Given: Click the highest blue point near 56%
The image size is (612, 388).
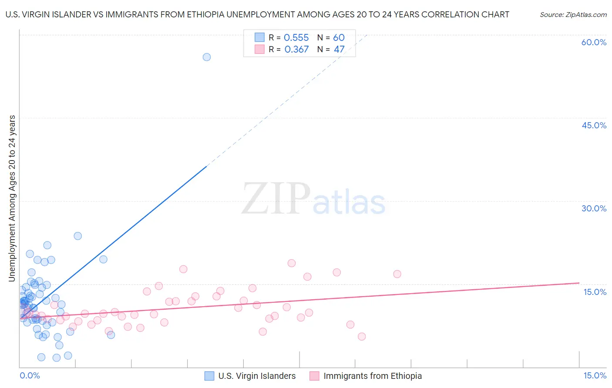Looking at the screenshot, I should (207, 57).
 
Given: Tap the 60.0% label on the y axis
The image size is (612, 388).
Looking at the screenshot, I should (594, 42).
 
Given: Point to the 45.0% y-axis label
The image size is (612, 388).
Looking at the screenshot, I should (594, 125).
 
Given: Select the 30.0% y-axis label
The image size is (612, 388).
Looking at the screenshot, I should (594, 208).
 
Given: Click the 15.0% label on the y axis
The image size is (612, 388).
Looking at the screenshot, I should (595, 292).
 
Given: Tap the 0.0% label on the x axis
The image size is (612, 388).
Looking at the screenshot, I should (30, 375).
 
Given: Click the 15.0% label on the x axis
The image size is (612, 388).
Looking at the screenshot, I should (595, 375).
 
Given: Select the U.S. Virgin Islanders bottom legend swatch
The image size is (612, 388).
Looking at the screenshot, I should (209, 376).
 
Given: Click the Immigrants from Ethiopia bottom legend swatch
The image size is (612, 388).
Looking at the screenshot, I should (314, 376).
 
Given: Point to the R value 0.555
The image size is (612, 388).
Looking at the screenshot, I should (296, 38).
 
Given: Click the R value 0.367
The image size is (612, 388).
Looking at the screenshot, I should (296, 50).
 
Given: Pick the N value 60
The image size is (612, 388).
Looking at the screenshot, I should (339, 38).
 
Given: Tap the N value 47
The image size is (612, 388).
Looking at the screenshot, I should (339, 50).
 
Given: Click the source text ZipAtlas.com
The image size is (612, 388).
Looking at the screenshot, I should (573, 15).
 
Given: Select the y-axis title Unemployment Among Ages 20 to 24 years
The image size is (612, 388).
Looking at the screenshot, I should (12, 198).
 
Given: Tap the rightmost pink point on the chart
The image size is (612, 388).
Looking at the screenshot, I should (397, 274).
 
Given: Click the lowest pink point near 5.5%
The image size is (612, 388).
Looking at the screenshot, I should (362, 336).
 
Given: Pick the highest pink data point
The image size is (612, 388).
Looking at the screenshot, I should (292, 263).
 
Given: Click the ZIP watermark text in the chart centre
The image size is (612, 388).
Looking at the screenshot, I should (276, 199).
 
